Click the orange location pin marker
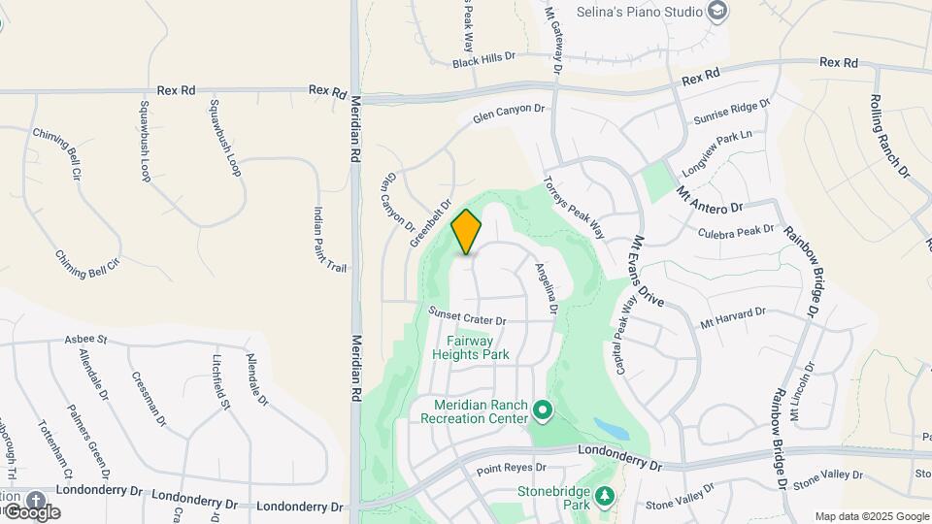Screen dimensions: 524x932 point(467,231)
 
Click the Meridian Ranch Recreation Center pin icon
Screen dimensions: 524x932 point(543,412)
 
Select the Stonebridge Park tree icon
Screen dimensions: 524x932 point(606,497)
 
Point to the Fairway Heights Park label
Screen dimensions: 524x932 point(477,348)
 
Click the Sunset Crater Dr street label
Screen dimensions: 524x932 point(468,316)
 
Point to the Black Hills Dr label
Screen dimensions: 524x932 point(483,60)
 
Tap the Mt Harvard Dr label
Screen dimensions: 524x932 point(733,317)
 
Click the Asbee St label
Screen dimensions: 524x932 point(84,339)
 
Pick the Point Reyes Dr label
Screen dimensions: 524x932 point(513,470)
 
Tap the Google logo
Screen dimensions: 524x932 point(31,511)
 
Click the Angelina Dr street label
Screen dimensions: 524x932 point(547,287)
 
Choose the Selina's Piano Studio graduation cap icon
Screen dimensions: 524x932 point(717,12)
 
